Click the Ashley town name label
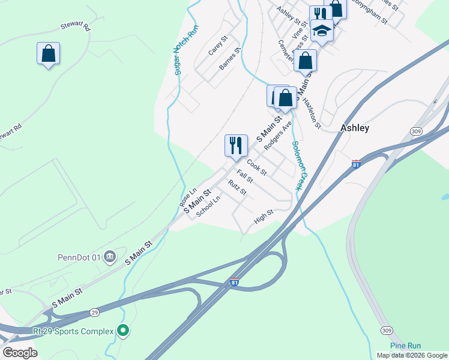(355, 128)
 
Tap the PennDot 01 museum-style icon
(109, 257)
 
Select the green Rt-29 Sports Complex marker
(123, 330)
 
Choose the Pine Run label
(405, 346)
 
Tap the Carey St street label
(217, 46)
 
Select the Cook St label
(256, 164)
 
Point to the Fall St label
(244, 177)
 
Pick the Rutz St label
(238, 188)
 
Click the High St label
(264, 217)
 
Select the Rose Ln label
(188, 197)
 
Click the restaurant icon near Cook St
(235, 145)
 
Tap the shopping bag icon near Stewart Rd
(48, 53)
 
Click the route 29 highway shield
(94, 312)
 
